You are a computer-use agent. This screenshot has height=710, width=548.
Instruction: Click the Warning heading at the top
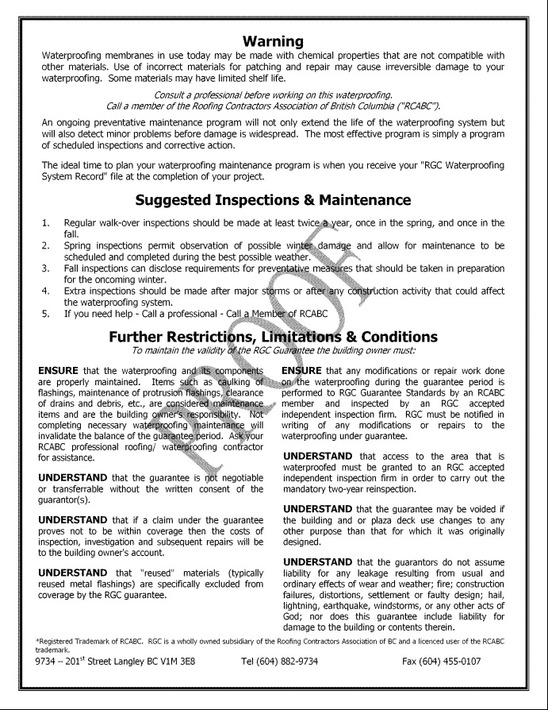[x=273, y=41]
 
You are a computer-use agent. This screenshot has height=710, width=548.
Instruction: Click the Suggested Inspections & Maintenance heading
[x=273, y=200]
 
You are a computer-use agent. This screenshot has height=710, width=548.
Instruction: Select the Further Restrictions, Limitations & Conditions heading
[x=273, y=337]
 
